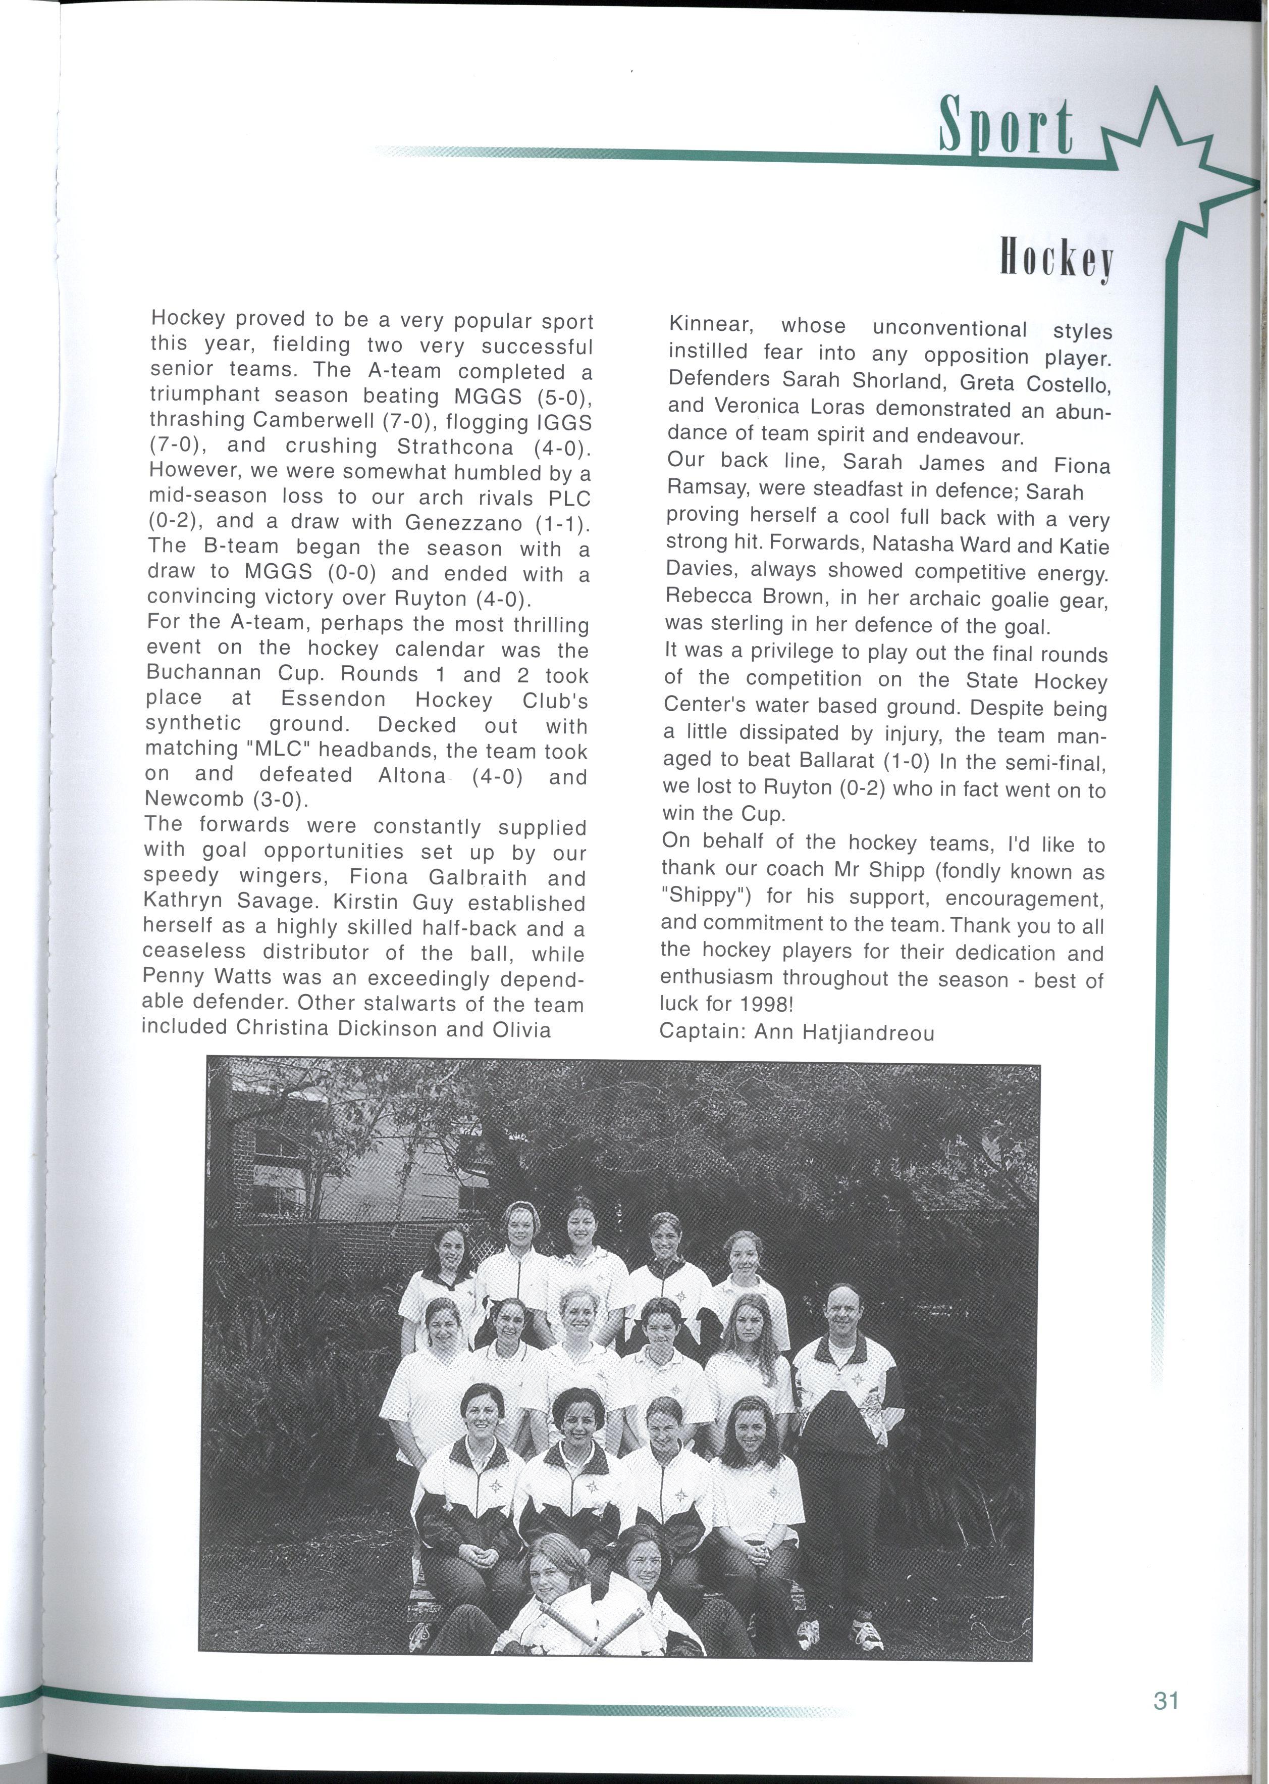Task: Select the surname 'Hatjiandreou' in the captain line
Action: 844,1033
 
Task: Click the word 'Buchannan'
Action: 205,673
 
